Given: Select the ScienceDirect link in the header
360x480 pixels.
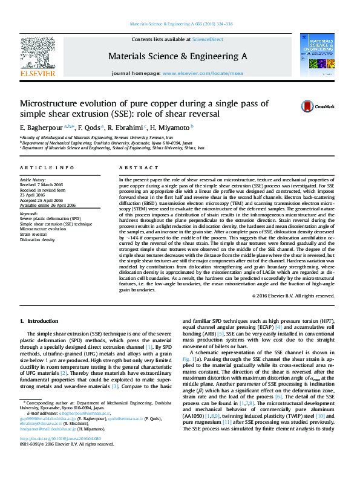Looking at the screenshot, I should (x=207, y=39).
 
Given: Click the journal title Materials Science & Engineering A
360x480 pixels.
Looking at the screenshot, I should (x=177, y=56).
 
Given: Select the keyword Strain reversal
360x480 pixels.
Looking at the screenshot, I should (x=36, y=235).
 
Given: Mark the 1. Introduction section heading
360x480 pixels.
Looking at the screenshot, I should (x=39, y=321).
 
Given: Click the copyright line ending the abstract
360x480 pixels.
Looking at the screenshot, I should (x=292, y=296).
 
